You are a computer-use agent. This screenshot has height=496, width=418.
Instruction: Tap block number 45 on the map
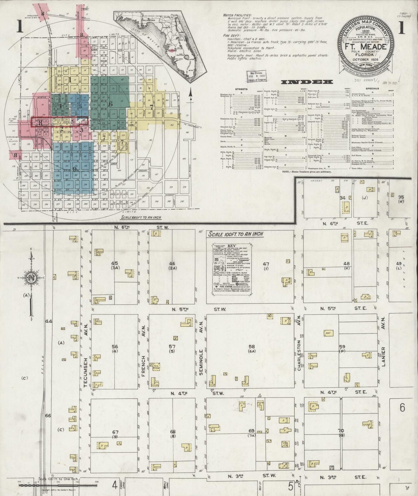tap(115, 263)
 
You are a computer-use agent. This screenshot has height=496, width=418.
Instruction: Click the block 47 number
tap(266, 264)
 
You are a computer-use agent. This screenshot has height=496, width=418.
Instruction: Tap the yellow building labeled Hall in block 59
tap(328, 333)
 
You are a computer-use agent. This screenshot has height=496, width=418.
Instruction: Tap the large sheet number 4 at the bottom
tap(115, 484)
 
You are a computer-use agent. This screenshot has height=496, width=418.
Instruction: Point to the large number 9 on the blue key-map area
tap(75, 170)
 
